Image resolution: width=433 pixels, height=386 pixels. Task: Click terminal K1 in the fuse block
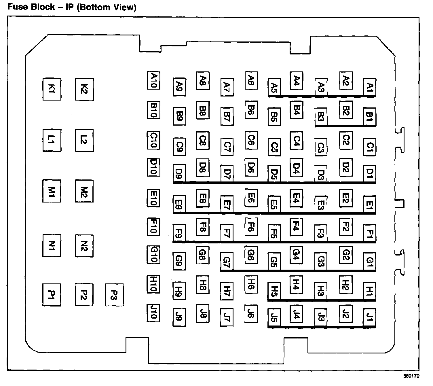(52, 89)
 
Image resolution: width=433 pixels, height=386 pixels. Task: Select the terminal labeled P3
(114, 295)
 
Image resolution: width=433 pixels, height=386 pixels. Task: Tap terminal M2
(84, 191)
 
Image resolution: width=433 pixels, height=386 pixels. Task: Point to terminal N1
(52, 245)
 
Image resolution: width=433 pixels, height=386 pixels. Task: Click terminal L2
(84, 140)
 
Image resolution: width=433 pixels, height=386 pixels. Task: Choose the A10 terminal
(153, 80)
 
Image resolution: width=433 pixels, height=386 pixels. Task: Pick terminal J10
(153, 313)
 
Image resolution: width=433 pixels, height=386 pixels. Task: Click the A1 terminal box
(370, 87)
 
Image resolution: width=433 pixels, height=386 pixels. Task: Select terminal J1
(370, 318)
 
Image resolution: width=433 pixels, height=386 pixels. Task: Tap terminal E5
(274, 205)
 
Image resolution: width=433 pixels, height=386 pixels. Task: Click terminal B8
(203, 110)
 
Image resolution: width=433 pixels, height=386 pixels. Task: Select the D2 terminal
(346, 167)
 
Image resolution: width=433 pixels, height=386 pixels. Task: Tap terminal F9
(179, 233)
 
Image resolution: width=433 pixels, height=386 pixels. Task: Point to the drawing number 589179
(412, 376)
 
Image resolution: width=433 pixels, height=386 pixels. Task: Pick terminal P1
(52, 295)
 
